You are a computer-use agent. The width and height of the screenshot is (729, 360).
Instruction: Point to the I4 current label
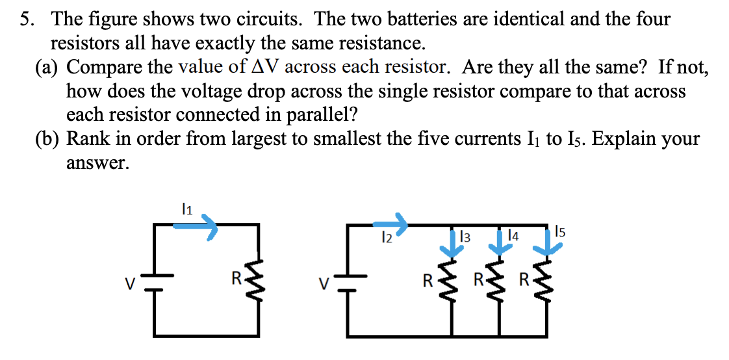coord(513,237)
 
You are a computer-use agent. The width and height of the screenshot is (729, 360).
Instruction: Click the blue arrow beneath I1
coord(196,226)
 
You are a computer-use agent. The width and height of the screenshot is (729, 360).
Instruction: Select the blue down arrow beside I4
coord(500,242)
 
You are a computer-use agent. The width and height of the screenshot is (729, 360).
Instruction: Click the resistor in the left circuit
coord(259,281)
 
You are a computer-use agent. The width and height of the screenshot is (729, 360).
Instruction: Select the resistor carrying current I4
coord(500,281)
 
